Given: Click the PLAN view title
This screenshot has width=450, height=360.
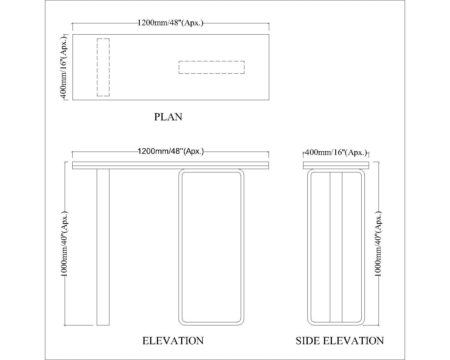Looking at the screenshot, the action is (168, 117).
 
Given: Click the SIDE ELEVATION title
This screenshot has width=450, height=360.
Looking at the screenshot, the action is (340, 341).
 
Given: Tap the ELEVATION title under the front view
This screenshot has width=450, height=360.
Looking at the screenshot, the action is (173, 341).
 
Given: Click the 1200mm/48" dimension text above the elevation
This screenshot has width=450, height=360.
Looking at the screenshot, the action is (170, 151).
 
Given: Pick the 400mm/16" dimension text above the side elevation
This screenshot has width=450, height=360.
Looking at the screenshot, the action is (336, 152).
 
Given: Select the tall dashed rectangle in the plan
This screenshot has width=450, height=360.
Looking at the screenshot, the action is (103, 67).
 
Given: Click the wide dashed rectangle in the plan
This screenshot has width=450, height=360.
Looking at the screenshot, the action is (211, 67).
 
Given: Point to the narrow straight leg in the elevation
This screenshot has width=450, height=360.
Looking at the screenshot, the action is (103, 247).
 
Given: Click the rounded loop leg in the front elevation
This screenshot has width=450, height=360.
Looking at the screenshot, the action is (211, 247).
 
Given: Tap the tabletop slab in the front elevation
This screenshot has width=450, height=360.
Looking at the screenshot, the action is (170, 165).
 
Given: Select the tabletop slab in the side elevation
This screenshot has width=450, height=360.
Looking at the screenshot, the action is (336, 165).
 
